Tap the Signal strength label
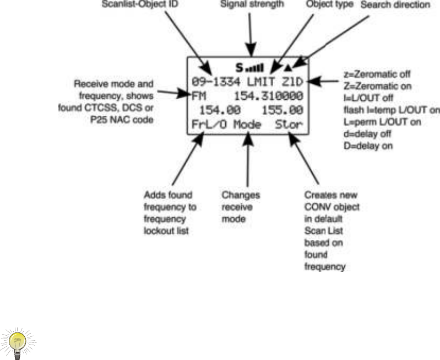[x=252, y=4]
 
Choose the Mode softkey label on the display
[x=246, y=124]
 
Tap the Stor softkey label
[x=289, y=124]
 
